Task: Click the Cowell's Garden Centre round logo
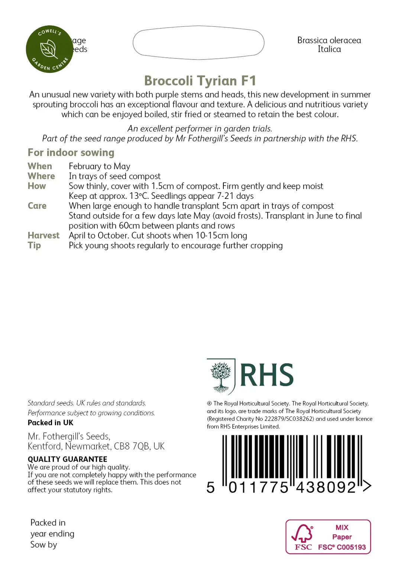pyautogui.click(x=49, y=49)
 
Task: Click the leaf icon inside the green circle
pyautogui.click(x=49, y=49)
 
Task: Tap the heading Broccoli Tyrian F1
pyautogui.click(x=200, y=81)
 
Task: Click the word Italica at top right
pyautogui.click(x=329, y=49)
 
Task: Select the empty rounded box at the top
pyautogui.click(x=198, y=43)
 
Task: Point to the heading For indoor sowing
pyautogui.click(x=71, y=153)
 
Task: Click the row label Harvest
pyautogui.click(x=43, y=235)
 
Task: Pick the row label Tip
pyautogui.click(x=34, y=245)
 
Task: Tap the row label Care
pyautogui.click(x=37, y=206)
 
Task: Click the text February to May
pyautogui.click(x=100, y=166)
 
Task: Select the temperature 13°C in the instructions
pyautogui.click(x=139, y=196)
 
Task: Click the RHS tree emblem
pyautogui.click(x=221, y=376)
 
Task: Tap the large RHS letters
pyautogui.click(x=267, y=375)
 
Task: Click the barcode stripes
pyautogui.click(x=292, y=457)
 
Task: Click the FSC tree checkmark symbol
pyautogui.click(x=302, y=533)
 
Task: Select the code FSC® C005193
pyautogui.click(x=342, y=547)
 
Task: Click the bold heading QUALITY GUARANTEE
pyautogui.click(x=67, y=459)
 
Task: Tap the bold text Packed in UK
pyautogui.click(x=51, y=423)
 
